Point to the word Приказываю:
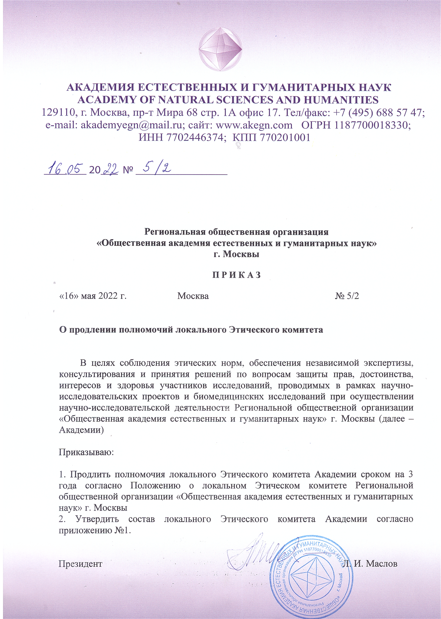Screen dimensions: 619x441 tap(86, 452)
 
